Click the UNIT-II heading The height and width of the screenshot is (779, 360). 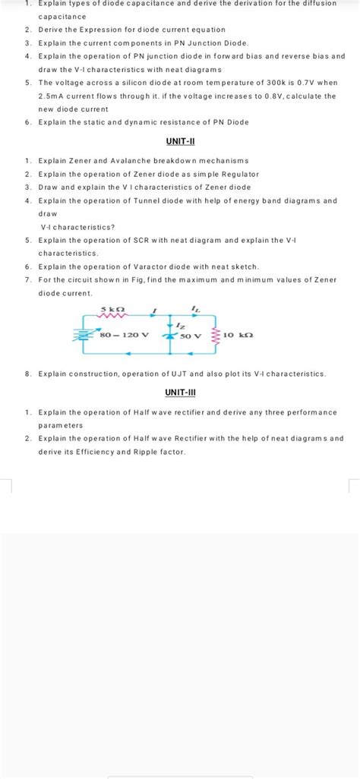180,142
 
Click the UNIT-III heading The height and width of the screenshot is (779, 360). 180,392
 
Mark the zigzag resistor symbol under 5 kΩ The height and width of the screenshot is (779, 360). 113,318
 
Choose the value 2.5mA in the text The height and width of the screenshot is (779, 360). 53,96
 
